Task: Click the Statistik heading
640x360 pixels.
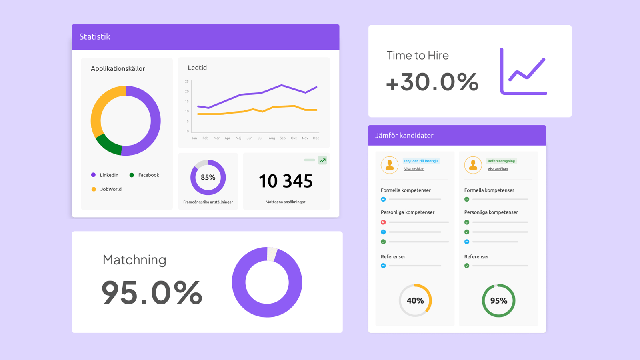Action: [94, 36]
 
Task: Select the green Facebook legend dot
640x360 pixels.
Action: [132, 175]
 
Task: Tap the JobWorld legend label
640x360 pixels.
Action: [111, 189]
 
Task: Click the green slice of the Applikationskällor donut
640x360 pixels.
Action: [108, 145]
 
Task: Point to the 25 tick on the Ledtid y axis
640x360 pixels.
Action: [186, 82]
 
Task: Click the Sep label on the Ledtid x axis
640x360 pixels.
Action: [282, 138]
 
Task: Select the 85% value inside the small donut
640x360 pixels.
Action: [208, 177]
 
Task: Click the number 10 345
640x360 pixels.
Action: [286, 181]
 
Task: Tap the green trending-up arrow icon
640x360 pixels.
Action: [322, 160]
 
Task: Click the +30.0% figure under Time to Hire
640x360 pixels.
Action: [432, 82]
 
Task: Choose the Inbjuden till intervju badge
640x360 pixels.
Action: [421, 161]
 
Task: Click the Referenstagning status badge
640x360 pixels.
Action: [501, 161]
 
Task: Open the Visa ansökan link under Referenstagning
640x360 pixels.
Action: [498, 169]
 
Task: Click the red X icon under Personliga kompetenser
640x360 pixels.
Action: [384, 222]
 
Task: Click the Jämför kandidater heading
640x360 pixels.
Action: [404, 136]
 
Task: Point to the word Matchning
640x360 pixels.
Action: [134, 260]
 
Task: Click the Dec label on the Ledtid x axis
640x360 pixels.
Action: [316, 138]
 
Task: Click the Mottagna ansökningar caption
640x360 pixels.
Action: [286, 202]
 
